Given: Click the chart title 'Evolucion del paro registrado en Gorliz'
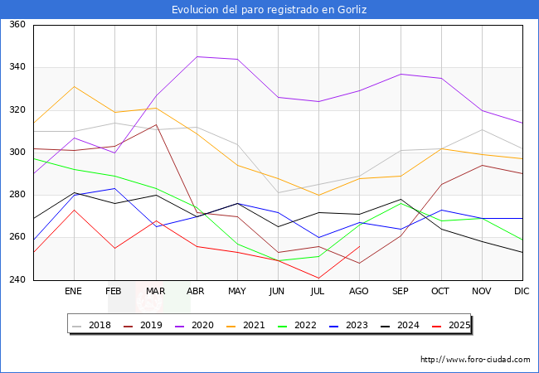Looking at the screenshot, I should click(x=269, y=10).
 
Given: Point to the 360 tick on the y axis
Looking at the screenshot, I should click(x=17, y=25).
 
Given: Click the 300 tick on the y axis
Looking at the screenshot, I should click(x=17, y=153).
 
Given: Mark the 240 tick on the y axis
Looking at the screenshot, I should click(x=17, y=280).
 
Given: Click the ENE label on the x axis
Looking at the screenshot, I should click(x=74, y=292).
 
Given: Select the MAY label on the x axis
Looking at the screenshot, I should click(x=236, y=292).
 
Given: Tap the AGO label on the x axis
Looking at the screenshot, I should click(x=359, y=292).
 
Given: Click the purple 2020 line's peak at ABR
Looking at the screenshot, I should click(x=197, y=56).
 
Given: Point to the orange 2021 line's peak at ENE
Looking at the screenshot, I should click(x=74, y=86).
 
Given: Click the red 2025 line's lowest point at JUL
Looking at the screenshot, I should click(x=318, y=278).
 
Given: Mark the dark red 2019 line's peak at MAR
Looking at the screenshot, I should click(x=155, y=124).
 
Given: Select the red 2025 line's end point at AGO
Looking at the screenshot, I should click(x=359, y=246).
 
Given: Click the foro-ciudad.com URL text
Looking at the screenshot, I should click(x=475, y=360).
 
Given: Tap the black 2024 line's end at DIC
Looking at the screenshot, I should click(x=522, y=252).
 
